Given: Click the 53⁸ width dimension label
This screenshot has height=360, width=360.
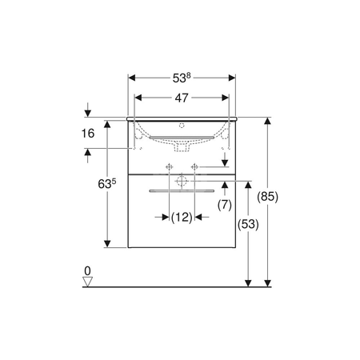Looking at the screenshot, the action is pos(182,78).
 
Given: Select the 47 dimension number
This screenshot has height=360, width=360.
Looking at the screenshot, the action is pos(182,98).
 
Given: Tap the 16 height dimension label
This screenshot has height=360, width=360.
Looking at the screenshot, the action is pos(88,133).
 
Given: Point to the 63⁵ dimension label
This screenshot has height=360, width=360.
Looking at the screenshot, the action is pos(107,184).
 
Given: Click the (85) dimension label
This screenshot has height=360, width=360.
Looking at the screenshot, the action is pos(267,197).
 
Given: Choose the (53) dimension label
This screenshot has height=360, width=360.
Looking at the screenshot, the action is pos(248,224).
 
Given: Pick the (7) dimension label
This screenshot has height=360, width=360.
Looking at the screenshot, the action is pos(225,205).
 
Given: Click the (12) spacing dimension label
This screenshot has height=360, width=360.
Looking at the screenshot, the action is pos(182,218).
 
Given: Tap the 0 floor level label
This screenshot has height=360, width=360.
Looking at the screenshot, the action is pos(87,271).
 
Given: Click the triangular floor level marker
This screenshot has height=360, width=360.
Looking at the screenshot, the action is pos(87,282).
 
